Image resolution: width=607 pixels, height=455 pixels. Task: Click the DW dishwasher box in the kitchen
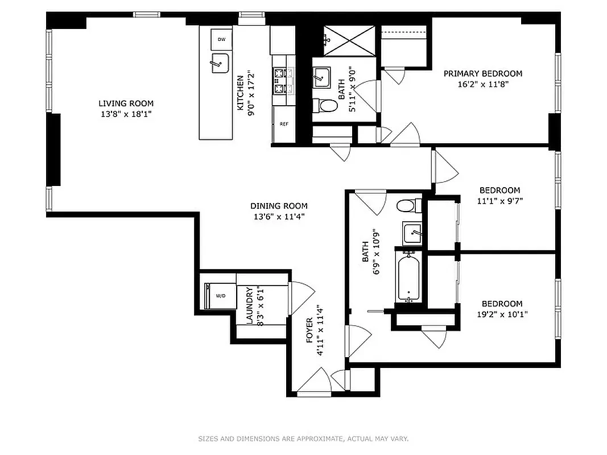[x=221, y=39]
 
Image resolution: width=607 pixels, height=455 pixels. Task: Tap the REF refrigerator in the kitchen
[x=283, y=123]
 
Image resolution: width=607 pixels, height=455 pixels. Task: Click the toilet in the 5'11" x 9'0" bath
[x=326, y=106]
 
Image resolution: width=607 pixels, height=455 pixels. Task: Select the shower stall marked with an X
[x=349, y=40]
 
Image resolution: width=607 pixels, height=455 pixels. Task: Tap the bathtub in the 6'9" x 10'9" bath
[x=408, y=278]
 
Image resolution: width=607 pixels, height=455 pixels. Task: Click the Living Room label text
[x=126, y=104]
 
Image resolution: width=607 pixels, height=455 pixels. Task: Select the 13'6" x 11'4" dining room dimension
[x=279, y=216]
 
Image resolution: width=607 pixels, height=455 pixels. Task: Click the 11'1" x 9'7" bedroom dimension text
[x=499, y=200]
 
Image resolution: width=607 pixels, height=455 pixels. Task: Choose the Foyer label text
[x=309, y=329]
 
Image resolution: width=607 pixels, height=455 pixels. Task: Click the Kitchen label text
[x=240, y=93]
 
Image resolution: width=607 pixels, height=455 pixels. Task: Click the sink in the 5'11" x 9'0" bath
[x=322, y=76]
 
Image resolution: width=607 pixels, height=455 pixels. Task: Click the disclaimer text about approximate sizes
[x=303, y=439]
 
